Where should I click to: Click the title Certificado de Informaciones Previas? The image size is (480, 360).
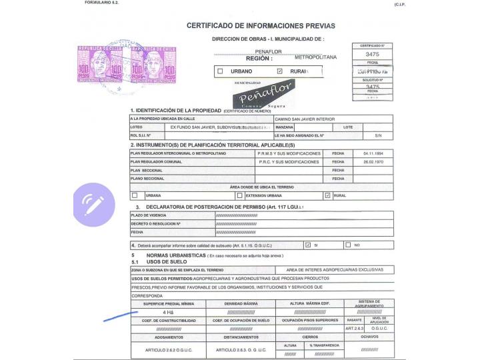tap(261, 25)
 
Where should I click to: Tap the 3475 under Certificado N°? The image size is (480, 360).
tap(373, 54)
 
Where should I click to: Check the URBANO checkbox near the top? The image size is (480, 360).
tap(220, 71)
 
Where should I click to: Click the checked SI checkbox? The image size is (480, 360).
tap(307, 245)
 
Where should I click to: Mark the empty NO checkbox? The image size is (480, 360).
tap(348, 245)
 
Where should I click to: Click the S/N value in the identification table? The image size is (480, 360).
tap(378, 135)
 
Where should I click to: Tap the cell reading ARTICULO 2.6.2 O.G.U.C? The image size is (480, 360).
tap(168, 349)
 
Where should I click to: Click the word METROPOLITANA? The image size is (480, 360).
tap(315, 57)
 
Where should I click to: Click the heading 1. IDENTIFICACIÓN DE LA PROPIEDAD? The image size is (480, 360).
tap(176, 110)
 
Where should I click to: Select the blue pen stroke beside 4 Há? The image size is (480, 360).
tap(121, 315)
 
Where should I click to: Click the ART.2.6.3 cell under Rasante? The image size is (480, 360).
tap(355, 328)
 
